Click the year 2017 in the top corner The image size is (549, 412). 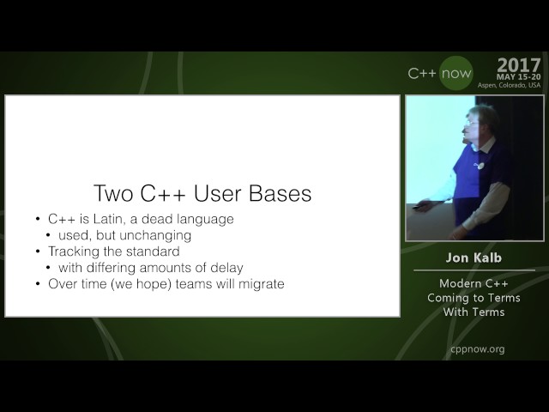[x=518, y=65]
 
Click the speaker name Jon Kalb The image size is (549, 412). [x=474, y=257]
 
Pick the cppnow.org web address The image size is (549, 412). [x=477, y=348]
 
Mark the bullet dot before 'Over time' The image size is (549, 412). [x=39, y=284]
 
